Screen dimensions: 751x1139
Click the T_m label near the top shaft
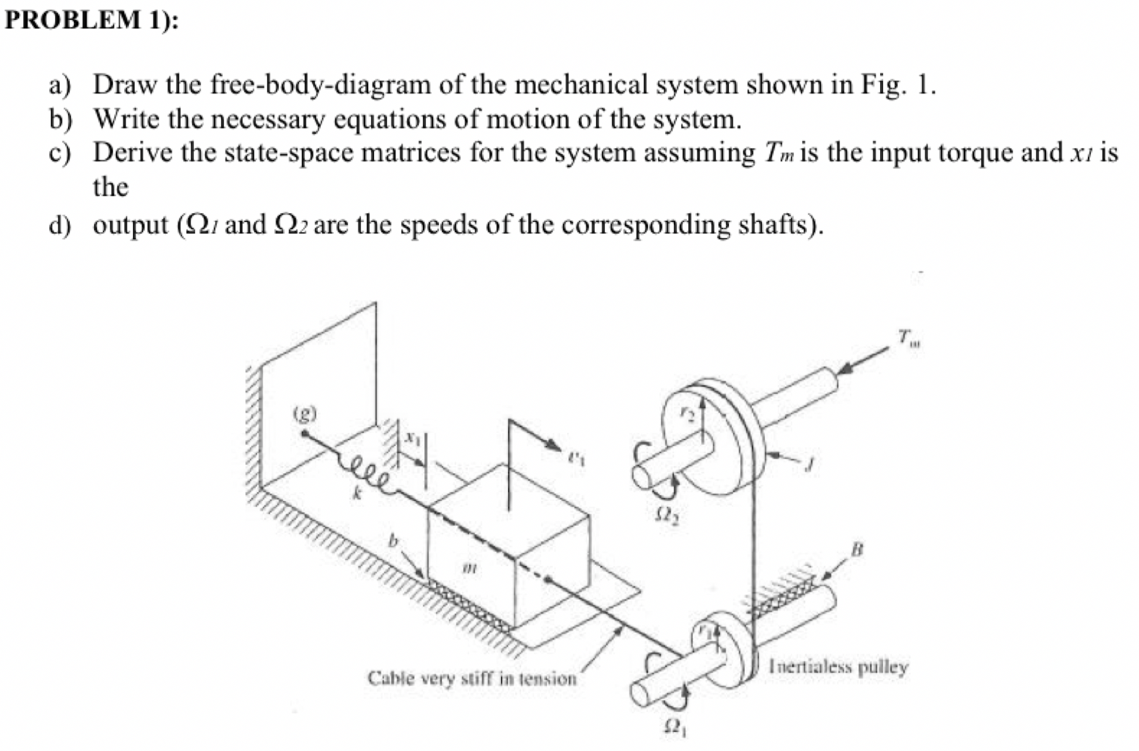pyautogui.click(x=911, y=337)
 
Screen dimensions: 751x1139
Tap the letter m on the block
pyautogui.click(x=470, y=566)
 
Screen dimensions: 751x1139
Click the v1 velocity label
pyautogui.click(x=575, y=457)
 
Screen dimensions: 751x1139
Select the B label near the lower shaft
pyautogui.click(x=857, y=548)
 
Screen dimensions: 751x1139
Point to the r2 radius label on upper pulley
pyautogui.click(x=687, y=414)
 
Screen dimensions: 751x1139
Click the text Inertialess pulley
pyautogui.click(x=838, y=667)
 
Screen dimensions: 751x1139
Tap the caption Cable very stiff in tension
pyautogui.click(x=472, y=678)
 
